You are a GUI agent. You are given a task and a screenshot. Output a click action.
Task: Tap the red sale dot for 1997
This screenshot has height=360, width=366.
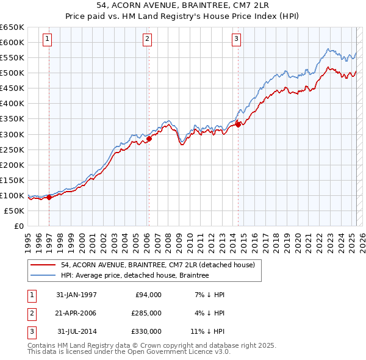click(x=49, y=197)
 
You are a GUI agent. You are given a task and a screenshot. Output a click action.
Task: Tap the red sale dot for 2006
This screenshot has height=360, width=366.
click(x=149, y=139)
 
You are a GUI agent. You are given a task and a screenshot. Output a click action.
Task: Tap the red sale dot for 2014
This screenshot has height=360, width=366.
click(x=238, y=124)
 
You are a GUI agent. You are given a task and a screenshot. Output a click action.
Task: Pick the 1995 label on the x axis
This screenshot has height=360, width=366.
click(x=27, y=238)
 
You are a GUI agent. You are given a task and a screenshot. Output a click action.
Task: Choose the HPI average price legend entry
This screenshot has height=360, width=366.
click(x=135, y=276)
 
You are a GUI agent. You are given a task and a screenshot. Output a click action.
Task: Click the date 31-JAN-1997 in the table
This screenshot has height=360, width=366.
click(x=76, y=295)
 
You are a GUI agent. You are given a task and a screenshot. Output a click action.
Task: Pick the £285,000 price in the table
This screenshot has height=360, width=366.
click(x=146, y=313)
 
